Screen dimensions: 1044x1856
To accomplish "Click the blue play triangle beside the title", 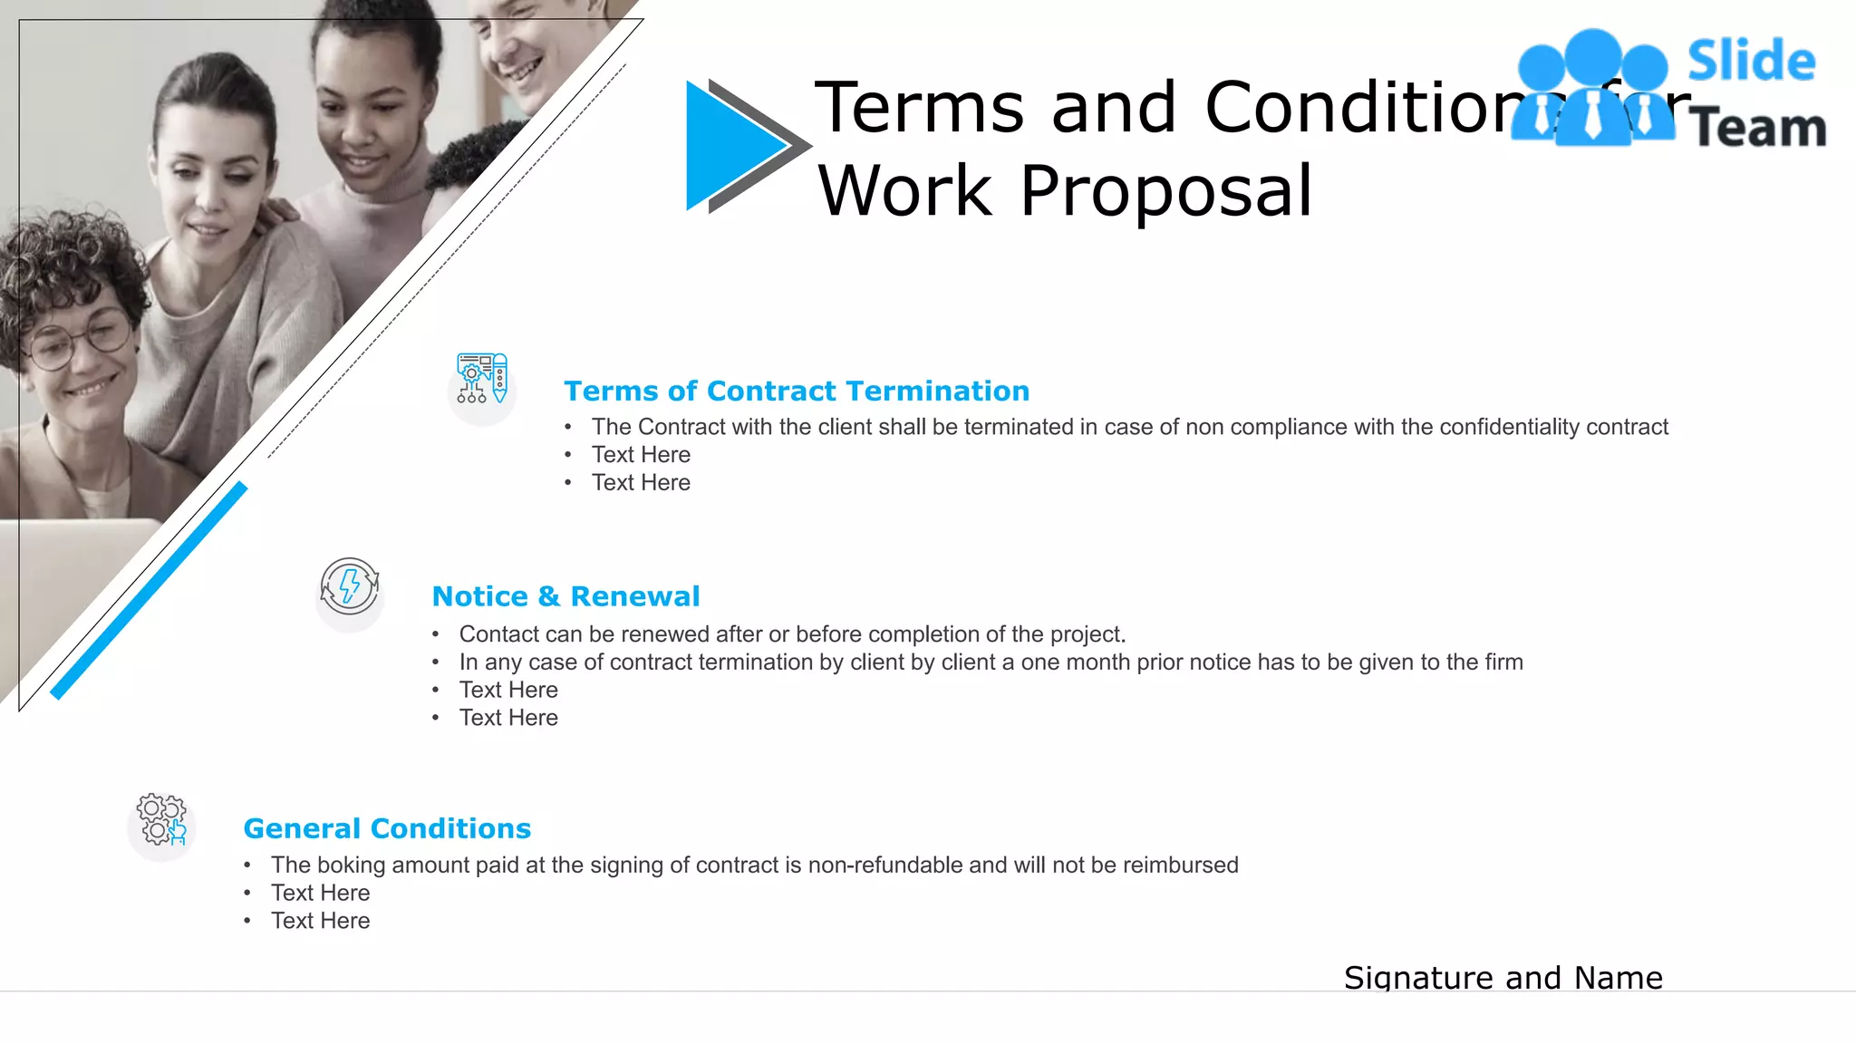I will (730, 145).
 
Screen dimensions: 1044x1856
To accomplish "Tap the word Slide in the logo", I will (1751, 62).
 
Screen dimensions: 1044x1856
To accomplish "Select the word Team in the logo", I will (1758, 128).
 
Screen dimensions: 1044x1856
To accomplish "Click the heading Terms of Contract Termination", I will (797, 391).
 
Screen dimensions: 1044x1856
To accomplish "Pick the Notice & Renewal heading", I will (565, 596).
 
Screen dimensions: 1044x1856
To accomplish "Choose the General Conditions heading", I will (387, 828).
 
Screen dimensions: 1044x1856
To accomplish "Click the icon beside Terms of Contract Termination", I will (482, 379).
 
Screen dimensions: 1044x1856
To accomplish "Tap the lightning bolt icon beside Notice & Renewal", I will (350, 586).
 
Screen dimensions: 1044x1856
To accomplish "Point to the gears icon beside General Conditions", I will (161, 819).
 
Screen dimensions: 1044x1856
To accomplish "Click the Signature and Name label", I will (1503, 978).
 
